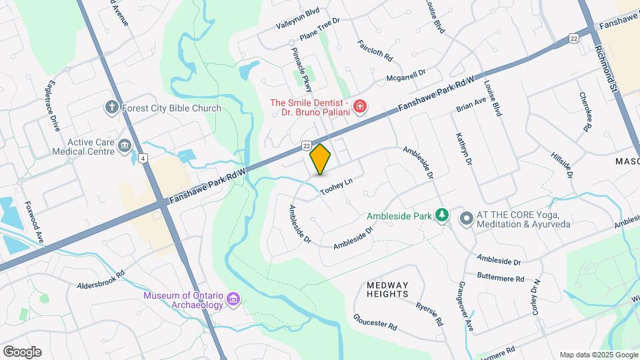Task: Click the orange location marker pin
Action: pyautogui.click(x=320, y=159)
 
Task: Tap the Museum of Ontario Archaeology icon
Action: pyautogui.click(x=233, y=300)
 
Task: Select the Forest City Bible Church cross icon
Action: pyautogui.click(x=111, y=107)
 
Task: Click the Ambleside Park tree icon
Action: pyautogui.click(x=440, y=215)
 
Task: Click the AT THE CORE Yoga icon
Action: pyautogui.click(x=466, y=218)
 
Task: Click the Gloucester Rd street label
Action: pyautogui.click(x=375, y=323)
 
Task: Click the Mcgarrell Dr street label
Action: pyautogui.click(x=406, y=75)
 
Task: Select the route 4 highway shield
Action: pyautogui.click(x=143, y=158)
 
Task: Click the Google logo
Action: pyautogui.click(x=22, y=352)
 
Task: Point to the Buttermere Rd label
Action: pyautogui.click(x=501, y=277)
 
